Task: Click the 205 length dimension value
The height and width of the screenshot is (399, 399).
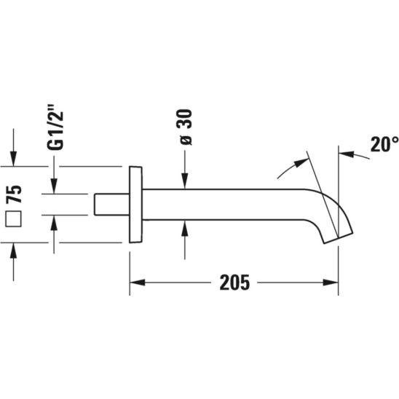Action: coord(234,283)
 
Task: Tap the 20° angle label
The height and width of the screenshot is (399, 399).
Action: coord(384,144)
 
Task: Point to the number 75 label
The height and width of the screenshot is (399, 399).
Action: coord(14,194)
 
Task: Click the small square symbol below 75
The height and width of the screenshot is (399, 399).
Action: coord(14,218)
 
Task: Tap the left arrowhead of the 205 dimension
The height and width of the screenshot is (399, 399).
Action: coord(138,283)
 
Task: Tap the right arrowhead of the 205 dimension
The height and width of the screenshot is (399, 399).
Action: coord(331,283)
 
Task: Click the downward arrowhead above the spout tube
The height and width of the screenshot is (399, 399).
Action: coord(185,182)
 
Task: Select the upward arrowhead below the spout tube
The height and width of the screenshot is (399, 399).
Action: coord(185,227)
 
